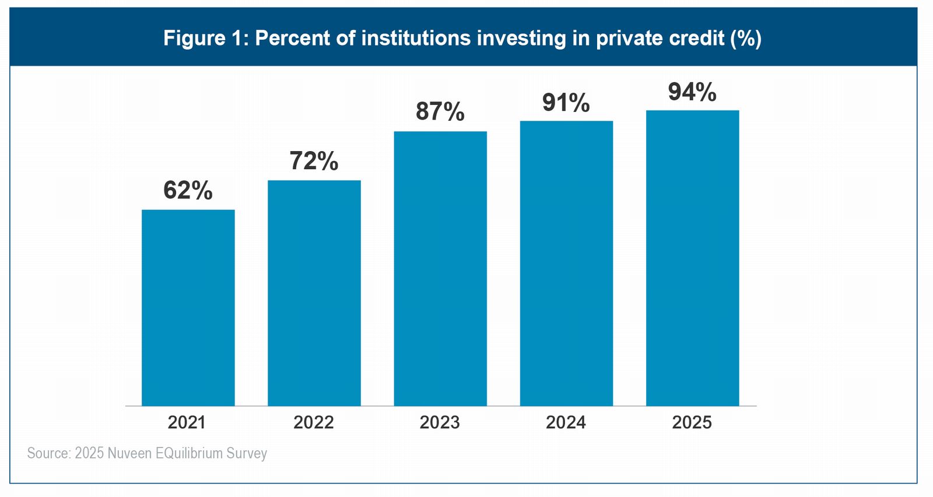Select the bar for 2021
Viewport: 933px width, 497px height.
188,307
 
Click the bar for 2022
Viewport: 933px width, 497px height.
314,293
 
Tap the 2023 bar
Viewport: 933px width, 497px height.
440,268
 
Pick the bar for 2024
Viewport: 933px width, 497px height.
566,263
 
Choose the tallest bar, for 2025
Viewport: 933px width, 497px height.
692,258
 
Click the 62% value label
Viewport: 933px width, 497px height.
188,191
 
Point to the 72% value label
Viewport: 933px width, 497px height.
314,162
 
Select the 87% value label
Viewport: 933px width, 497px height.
440,111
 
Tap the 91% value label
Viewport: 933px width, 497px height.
566,103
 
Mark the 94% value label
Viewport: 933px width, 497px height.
692,92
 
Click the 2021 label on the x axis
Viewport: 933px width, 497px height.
187,422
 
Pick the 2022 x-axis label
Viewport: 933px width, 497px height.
314,422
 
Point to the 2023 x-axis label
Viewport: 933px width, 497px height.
440,422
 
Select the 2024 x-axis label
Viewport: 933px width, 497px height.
566,422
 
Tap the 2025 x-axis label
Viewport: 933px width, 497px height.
692,422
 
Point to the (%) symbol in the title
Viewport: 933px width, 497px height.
746,38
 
